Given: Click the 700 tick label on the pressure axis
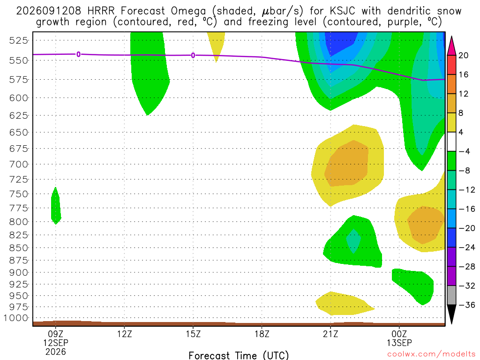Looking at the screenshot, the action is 18,164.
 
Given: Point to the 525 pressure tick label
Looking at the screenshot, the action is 18,40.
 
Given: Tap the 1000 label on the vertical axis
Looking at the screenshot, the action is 15,318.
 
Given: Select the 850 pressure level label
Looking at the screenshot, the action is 18,247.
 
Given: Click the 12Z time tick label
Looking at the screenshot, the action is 124,334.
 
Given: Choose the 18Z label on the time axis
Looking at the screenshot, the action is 262,334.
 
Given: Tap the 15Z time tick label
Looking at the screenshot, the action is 193,334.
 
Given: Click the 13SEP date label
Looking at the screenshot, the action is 399,343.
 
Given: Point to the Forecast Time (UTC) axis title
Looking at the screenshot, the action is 239,355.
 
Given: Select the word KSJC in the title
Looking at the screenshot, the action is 342,11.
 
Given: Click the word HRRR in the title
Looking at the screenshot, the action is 101,11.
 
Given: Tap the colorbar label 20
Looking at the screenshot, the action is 463,55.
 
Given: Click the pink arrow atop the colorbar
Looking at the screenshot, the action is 451,46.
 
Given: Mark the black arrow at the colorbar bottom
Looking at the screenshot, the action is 451,314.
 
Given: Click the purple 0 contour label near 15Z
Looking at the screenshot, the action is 193,55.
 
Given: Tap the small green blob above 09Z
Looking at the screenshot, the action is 56,206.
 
